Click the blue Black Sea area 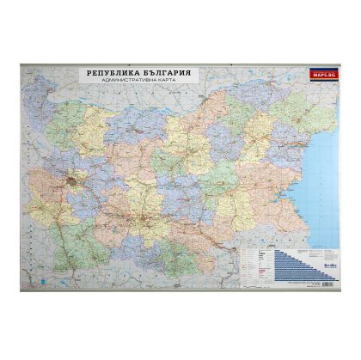(322, 155)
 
